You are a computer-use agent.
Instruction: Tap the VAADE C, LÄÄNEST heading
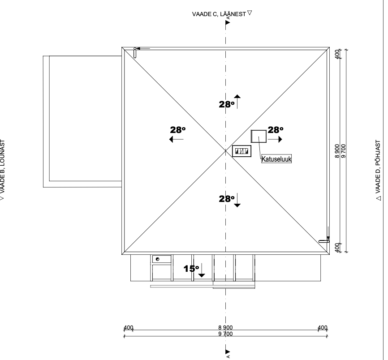click(220, 14)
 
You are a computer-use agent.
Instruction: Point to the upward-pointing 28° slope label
click(227, 104)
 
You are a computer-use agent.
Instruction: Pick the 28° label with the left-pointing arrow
click(178, 130)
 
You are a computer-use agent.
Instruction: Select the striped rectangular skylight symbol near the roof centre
click(241, 151)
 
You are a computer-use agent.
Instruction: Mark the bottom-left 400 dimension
click(129, 328)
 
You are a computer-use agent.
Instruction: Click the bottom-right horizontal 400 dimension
click(322, 328)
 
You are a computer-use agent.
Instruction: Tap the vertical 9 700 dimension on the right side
click(344, 152)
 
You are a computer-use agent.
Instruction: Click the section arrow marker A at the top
click(228, 21)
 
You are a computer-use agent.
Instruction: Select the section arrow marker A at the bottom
click(228, 353)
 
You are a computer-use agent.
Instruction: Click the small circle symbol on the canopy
click(157, 259)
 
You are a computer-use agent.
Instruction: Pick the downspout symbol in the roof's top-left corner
click(134, 53)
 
